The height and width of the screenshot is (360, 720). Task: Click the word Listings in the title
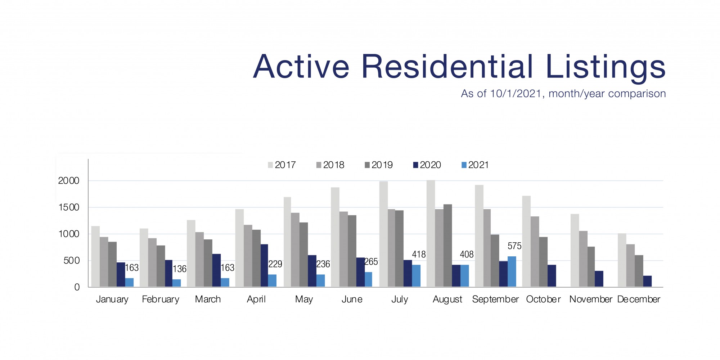606,67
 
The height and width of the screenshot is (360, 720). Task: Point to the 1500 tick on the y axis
68,207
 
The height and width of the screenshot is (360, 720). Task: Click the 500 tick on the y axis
71,261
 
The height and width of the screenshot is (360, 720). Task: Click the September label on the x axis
495,299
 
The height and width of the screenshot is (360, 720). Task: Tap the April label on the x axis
256,299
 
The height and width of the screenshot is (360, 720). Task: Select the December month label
639,299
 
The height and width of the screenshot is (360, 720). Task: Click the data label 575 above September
514,246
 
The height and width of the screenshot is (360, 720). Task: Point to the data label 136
179,269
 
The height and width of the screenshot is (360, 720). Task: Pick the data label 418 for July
419,255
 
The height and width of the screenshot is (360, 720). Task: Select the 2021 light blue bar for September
512,271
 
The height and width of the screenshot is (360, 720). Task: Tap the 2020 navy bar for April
264,265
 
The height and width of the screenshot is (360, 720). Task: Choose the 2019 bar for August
447,246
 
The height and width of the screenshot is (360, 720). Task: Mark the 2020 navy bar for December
647,281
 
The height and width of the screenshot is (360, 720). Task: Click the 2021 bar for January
129,282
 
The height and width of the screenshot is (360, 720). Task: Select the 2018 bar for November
583,259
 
